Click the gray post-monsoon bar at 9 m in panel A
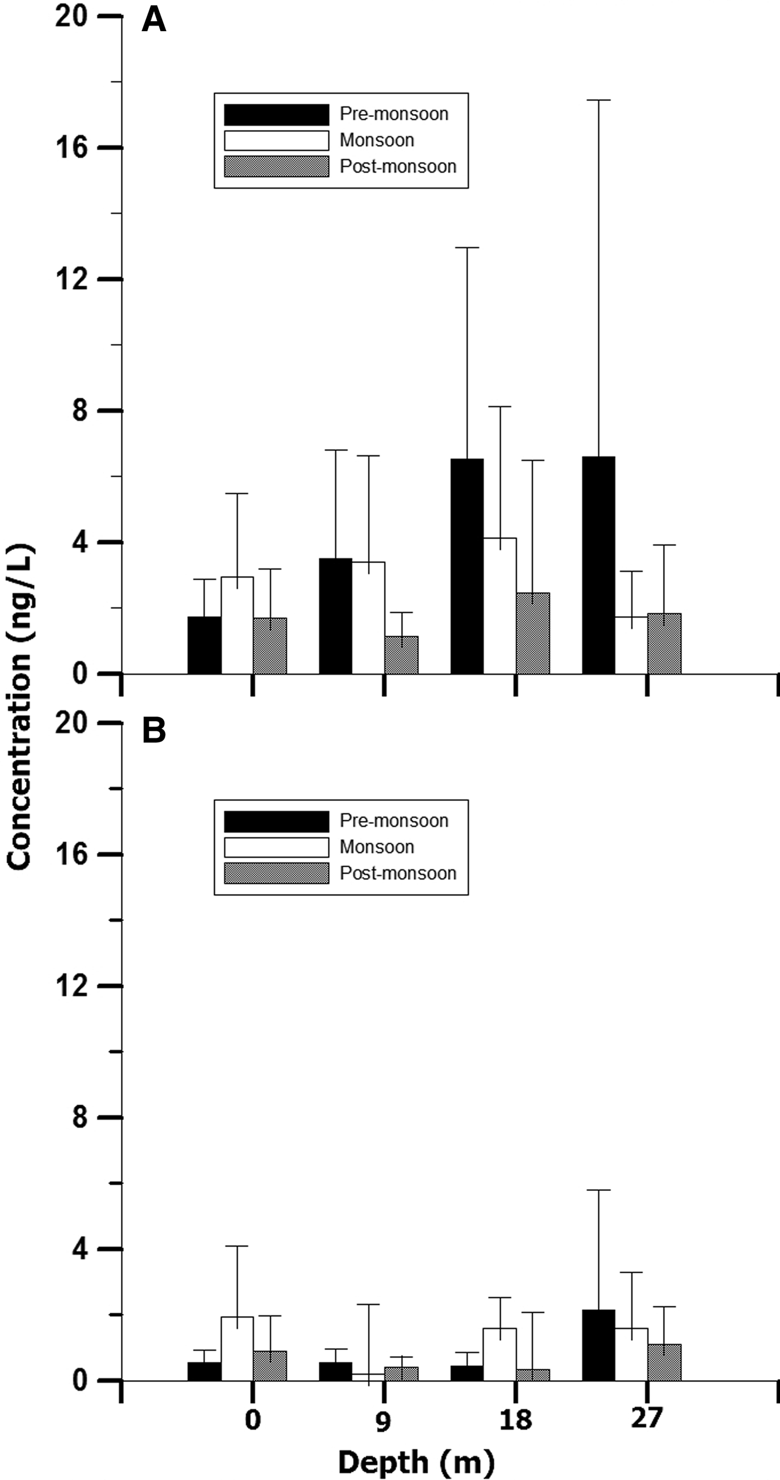point(401,655)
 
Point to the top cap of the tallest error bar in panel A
point(598,100)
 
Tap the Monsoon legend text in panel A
point(377,140)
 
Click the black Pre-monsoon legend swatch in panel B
point(276,821)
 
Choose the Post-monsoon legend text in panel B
point(398,873)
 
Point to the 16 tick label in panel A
point(71,148)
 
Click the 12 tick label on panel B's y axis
point(71,986)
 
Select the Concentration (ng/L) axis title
point(20,707)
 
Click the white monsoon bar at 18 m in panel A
point(500,605)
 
